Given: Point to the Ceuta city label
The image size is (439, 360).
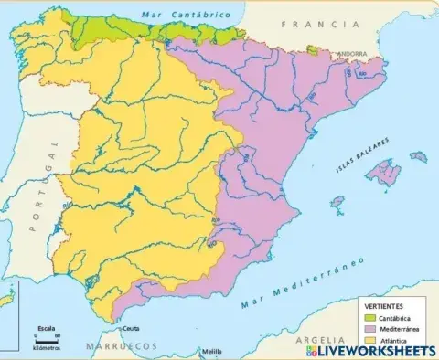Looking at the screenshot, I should [x=132, y=328].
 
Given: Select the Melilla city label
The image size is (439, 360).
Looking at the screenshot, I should [x=212, y=351].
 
